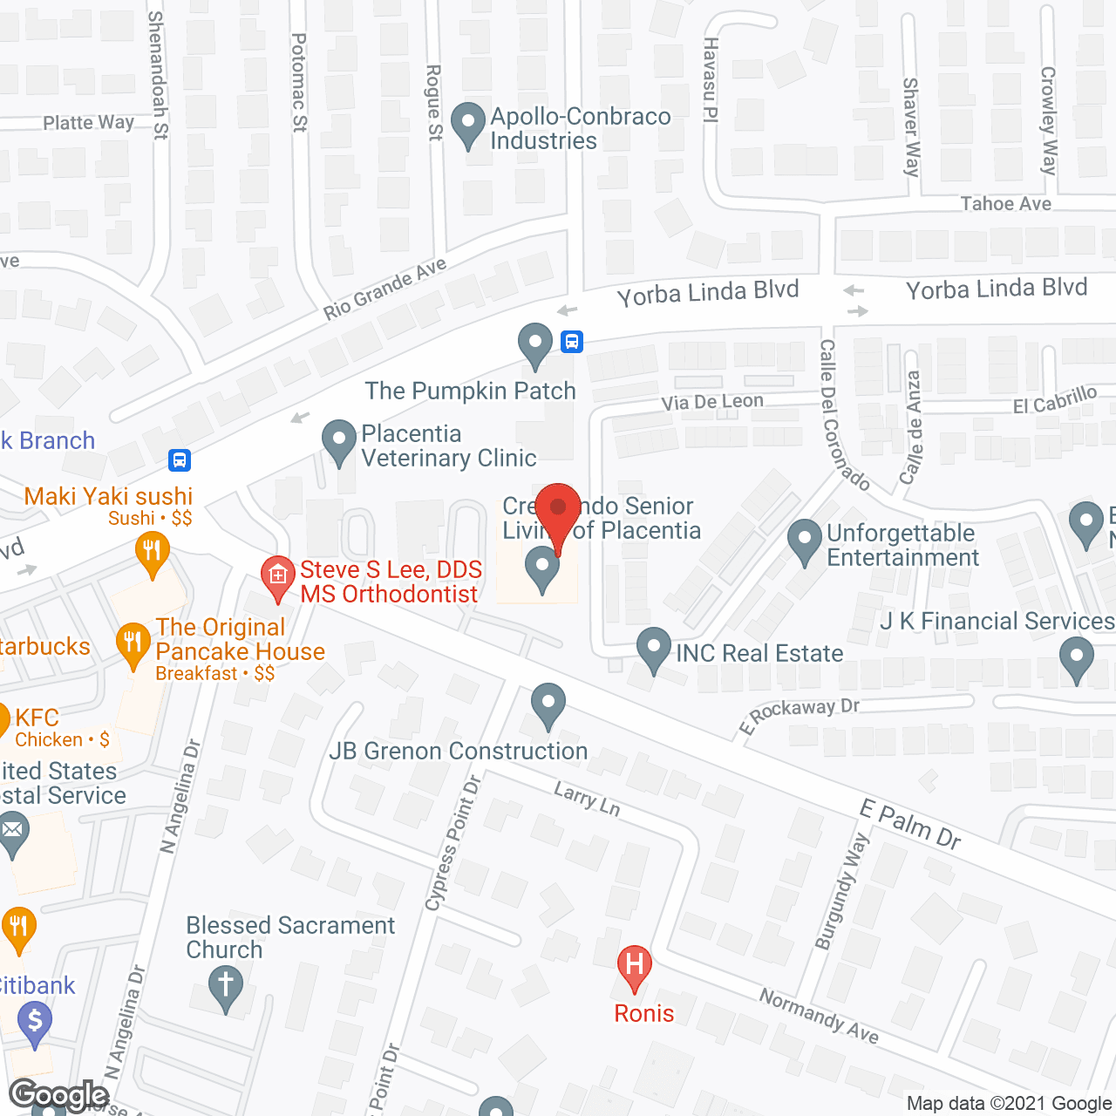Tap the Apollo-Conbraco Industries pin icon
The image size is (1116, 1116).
pyautogui.click(x=468, y=125)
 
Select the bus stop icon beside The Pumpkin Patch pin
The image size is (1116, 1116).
pyautogui.click(x=572, y=341)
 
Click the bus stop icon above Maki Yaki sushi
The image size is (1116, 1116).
pyautogui.click(x=180, y=459)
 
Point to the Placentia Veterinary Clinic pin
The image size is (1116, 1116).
pyautogui.click(x=339, y=441)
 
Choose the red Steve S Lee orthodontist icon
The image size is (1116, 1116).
pyautogui.click(x=278, y=577)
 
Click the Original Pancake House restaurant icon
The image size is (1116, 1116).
pyautogui.click(x=133, y=644)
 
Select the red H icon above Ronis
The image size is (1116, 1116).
pyautogui.click(x=634, y=966)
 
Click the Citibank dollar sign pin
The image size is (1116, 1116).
pyautogui.click(x=35, y=1023)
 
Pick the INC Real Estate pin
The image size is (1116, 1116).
pyautogui.click(x=653, y=649)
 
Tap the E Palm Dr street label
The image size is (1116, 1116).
pyautogui.click(x=910, y=825)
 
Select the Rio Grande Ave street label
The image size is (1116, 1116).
pyautogui.click(x=384, y=289)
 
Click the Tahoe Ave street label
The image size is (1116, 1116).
pyautogui.click(x=1005, y=204)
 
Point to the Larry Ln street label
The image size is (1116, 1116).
pyautogui.click(x=587, y=800)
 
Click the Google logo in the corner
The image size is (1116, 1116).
pyautogui.click(x=59, y=1095)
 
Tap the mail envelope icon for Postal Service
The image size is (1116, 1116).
pyautogui.click(x=13, y=832)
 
